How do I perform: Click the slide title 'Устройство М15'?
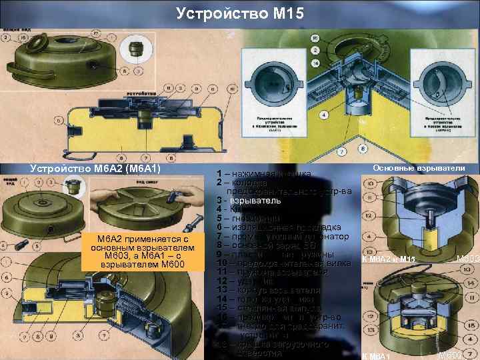click(x=240, y=13)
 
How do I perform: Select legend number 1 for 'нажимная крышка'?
click(x=219, y=174)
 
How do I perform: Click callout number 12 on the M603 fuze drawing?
click(x=367, y=215)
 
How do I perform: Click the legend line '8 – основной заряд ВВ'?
click(x=267, y=245)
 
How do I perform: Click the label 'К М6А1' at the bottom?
click(x=377, y=354)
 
